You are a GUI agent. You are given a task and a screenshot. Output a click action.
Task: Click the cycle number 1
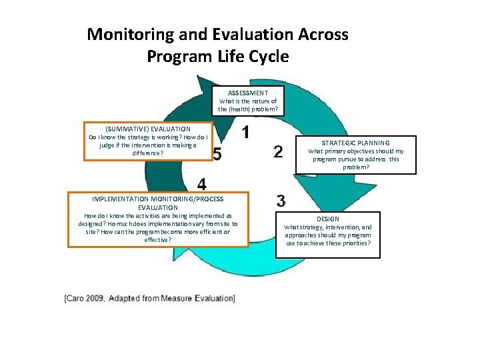pos(246,133)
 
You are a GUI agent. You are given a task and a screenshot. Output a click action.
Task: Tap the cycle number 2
pos(279,151)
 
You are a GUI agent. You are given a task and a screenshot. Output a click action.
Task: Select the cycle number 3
pos(281,200)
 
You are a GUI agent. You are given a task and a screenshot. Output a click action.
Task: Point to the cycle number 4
pos(201,183)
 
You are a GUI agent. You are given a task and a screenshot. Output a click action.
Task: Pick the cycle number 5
pos(217,154)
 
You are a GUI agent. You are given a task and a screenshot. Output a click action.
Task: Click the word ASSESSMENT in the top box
pos(248,93)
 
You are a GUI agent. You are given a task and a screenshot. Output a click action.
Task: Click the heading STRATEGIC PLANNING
pos(356,143)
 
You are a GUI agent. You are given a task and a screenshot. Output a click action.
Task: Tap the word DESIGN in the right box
pos(328,219)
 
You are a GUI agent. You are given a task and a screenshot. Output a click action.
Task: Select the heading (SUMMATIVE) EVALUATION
pos(148,129)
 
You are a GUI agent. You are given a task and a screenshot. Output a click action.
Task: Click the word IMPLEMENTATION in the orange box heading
pos(118,199)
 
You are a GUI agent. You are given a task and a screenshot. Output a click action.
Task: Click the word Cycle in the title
pos(267,56)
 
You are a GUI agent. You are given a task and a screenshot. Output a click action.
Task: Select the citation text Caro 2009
pos(86,298)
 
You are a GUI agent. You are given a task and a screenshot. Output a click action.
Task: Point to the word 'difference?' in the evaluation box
pos(147,153)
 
